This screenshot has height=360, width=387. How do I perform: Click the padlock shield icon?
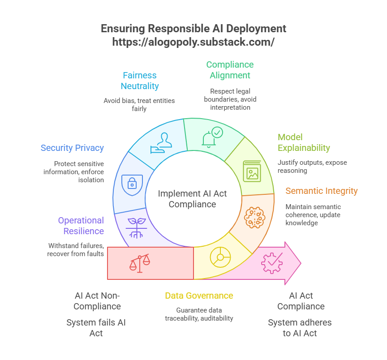coord(132,182)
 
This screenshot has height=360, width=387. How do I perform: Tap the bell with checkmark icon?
coord(212,137)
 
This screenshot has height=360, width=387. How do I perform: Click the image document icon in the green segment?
coord(252,171)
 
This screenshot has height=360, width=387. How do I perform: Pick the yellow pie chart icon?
coord(220,257)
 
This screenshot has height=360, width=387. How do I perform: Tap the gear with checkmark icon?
coord(272,263)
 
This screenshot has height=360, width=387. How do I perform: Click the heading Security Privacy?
coord(72,148)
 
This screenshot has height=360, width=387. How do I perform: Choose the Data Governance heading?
coord(199,296)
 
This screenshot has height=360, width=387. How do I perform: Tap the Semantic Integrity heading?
coord(322,191)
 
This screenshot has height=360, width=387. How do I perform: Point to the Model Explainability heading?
coord(304,142)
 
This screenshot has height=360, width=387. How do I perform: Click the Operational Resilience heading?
coord(81,226)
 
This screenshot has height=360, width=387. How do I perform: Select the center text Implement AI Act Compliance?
coord(193,199)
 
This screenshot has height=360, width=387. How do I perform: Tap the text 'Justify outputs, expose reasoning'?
coord(312,166)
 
